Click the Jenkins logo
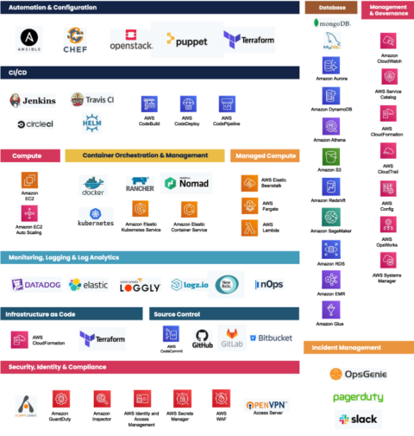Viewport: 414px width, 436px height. [x=33, y=101]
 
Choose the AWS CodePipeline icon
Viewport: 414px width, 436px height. [x=227, y=104]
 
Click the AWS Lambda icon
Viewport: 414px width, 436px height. [x=249, y=227]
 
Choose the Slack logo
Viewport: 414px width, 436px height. [x=357, y=419]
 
